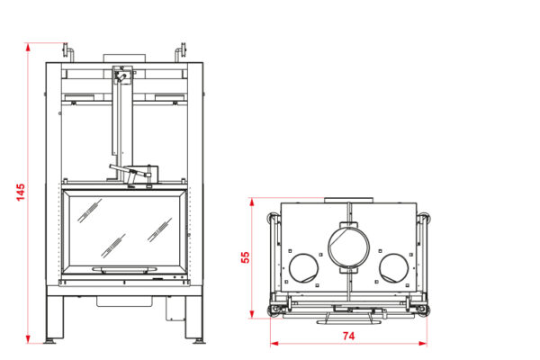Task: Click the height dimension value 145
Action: click(21, 193)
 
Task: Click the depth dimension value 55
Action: click(245, 257)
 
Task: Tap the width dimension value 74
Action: click(348, 336)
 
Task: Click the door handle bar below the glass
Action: click(124, 269)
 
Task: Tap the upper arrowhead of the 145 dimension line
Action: click(28, 47)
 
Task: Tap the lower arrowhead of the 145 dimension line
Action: click(28, 339)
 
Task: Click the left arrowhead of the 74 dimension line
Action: click(274, 343)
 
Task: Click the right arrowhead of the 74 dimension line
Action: click(423, 343)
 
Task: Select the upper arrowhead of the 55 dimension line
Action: click(252, 202)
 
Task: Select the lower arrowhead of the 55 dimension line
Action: click(252, 314)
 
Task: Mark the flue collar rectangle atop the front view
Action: click(124, 58)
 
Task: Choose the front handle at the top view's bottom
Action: click(348, 322)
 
